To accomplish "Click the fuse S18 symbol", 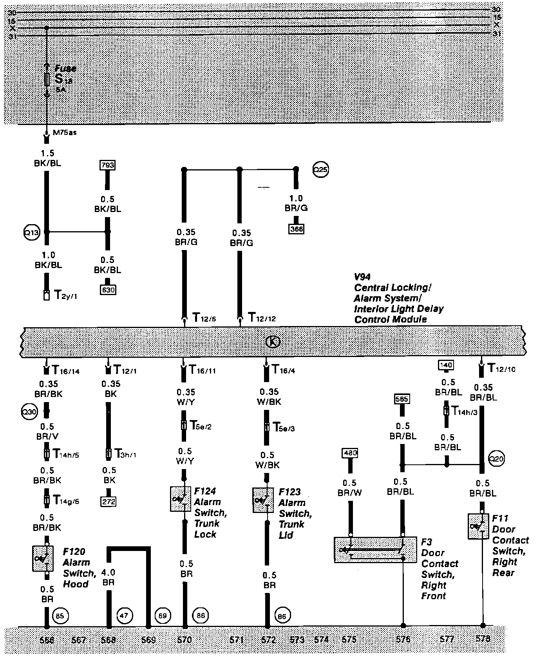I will point(47,80).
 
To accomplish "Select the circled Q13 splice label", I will point(32,232).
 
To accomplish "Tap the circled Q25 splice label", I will point(320,170).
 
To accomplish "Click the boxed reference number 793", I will point(108,165).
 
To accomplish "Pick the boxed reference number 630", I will point(108,290).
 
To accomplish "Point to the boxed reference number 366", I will point(297,229).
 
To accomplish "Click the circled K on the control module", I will point(273,342).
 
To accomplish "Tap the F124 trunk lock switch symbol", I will point(181,499).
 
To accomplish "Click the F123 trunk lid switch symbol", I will point(263,500).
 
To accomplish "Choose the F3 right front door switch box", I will point(375,550).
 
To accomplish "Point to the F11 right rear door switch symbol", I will point(478,526).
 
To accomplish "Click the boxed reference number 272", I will point(109,501).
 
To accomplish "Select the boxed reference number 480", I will point(350,453).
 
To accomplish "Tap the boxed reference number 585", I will point(402,399).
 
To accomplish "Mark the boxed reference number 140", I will point(446,365).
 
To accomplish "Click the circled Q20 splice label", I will point(497,458).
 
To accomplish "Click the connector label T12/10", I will point(502,369).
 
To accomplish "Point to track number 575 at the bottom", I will point(349,640).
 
